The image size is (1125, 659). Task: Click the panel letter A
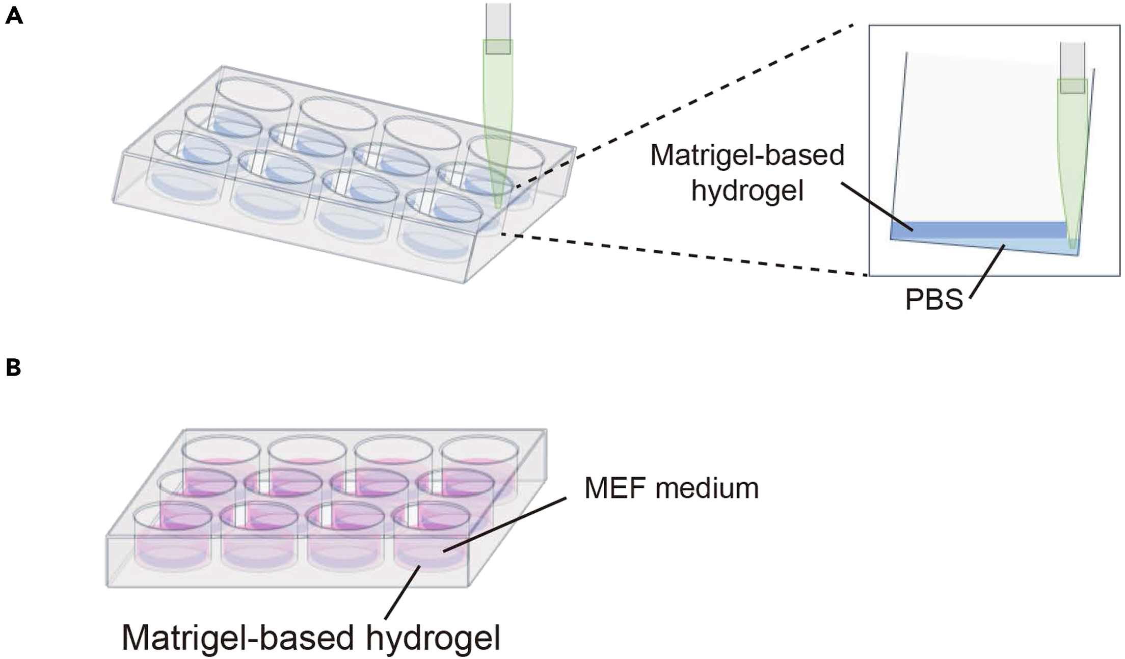pos(14,16)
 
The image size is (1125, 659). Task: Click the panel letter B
pos(13,367)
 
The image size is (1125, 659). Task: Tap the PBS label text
pos(933,300)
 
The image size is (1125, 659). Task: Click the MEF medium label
pos(672,488)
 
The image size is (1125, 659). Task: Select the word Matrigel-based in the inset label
pos(747,155)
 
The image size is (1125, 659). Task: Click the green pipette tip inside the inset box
pos(1072,168)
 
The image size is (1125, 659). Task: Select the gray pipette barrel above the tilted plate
pos(498,20)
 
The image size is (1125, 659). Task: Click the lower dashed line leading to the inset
pos(688,255)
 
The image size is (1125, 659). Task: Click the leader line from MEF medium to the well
pos(504,525)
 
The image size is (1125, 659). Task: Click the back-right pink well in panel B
pos(479,469)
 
